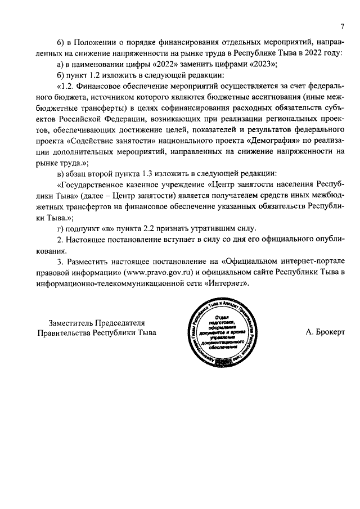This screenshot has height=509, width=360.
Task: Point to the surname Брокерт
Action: click(326, 332)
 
